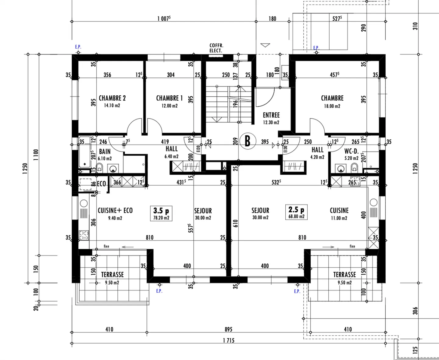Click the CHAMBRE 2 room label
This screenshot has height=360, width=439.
point(112,98)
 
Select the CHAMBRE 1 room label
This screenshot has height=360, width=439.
point(169,98)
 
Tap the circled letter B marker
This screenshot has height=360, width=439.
point(247,141)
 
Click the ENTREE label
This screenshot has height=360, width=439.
point(271,115)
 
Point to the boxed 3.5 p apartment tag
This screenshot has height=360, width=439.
point(161,213)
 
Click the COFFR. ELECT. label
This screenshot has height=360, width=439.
point(216,48)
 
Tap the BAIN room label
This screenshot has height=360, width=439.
point(105,151)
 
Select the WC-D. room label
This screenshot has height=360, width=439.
point(351,151)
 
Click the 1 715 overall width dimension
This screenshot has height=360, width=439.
point(228,340)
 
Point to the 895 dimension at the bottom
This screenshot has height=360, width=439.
point(228,330)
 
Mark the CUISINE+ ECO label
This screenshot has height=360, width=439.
point(115,211)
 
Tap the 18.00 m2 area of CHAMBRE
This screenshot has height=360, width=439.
point(332,106)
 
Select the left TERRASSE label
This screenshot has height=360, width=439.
point(112,275)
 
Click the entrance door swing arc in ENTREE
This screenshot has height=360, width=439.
point(265,98)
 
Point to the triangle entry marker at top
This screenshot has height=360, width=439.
point(265,45)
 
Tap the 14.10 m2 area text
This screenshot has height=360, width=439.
point(112,106)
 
